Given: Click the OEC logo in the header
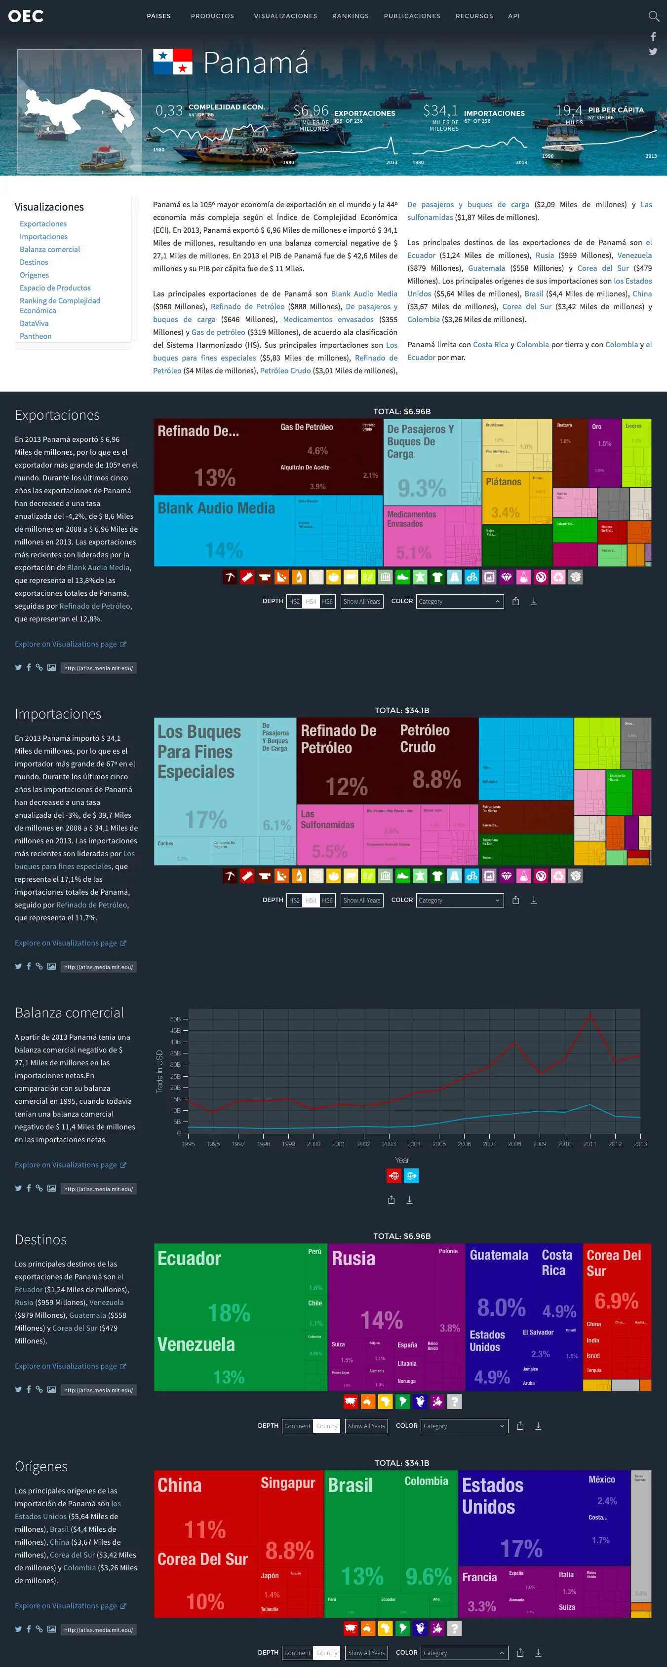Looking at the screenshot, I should click(26, 16).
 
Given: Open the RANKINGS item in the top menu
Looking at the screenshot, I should click(351, 16).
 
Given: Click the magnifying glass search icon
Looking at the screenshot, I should click(653, 16).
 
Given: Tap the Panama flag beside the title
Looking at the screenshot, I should click(172, 62).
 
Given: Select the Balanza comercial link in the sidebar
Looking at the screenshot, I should click(50, 250).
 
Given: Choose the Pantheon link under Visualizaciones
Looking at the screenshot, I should click(36, 336).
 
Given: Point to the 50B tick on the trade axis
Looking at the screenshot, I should click(175, 1019).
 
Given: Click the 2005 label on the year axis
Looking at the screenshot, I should click(439, 1144).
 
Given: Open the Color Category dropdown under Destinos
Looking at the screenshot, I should click(464, 1426).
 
